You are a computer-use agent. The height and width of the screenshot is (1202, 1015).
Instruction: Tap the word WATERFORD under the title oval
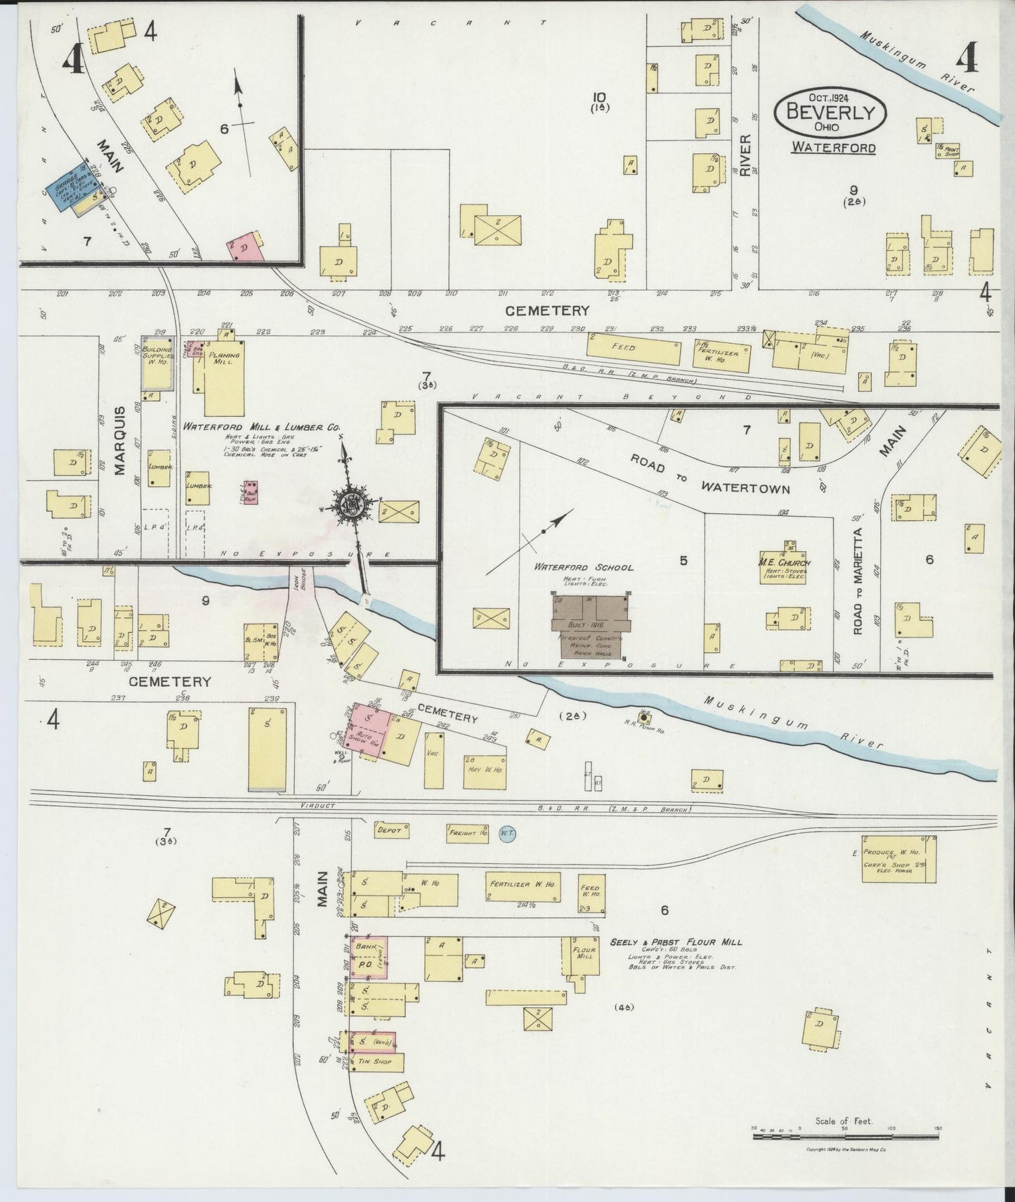tap(833, 148)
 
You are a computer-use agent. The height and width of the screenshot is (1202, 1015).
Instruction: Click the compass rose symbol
tap(349, 503)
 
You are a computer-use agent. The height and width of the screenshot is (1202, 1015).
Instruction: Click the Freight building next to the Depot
tap(467, 833)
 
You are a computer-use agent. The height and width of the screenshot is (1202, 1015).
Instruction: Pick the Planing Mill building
tap(224, 378)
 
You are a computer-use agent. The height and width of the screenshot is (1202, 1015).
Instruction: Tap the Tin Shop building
tap(376, 1061)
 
